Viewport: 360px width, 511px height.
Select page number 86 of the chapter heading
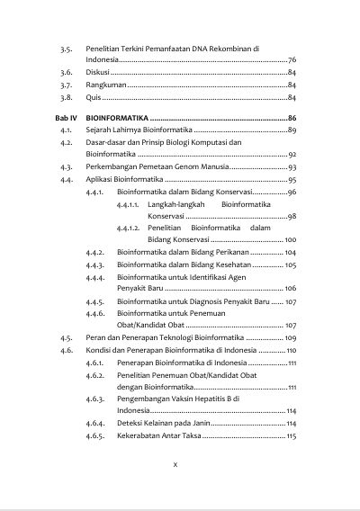[x=292, y=119]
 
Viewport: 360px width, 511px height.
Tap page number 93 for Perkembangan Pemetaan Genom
[x=292, y=167]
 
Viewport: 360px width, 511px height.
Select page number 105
[x=290, y=265]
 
